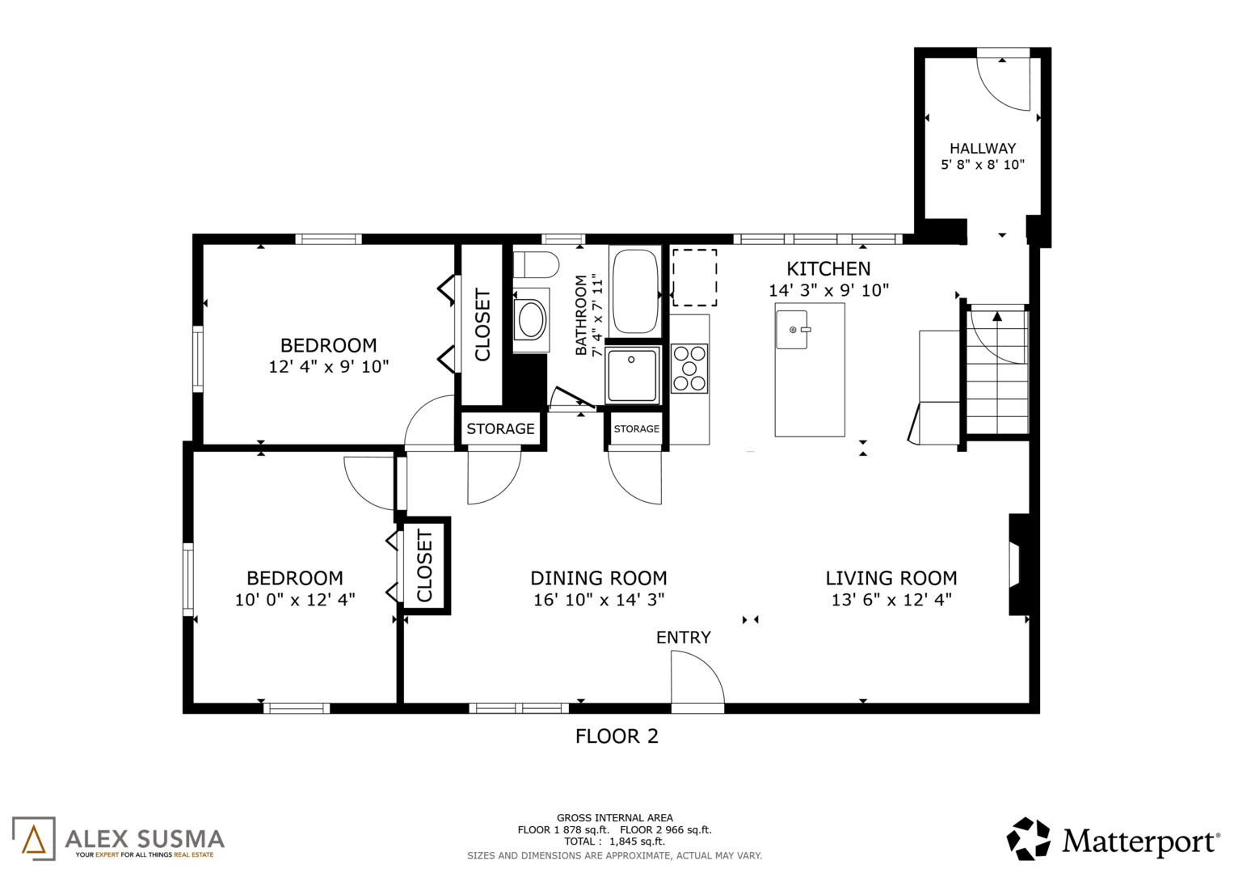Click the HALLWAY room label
pyautogui.click(x=982, y=148)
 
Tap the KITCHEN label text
pyautogui.click(x=828, y=269)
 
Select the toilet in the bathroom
pyautogui.click(x=536, y=264)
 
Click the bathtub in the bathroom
pyautogui.click(x=635, y=291)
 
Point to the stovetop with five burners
pyautogui.click(x=689, y=368)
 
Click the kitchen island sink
pyautogui.click(x=792, y=330)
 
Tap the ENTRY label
pyautogui.click(x=683, y=637)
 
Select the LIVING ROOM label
pyautogui.click(x=891, y=578)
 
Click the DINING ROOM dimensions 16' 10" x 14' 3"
pyautogui.click(x=599, y=600)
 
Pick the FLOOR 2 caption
pyautogui.click(x=617, y=736)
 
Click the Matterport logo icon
pyautogui.click(x=1028, y=839)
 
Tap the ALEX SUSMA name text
pyautogui.click(x=145, y=839)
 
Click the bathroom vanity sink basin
pyautogui.click(x=531, y=319)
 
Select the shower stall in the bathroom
pyautogui.click(x=633, y=375)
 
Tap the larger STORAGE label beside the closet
pyautogui.click(x=500, y=428)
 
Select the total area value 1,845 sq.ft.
pyautogui.click(x=637, y=841)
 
